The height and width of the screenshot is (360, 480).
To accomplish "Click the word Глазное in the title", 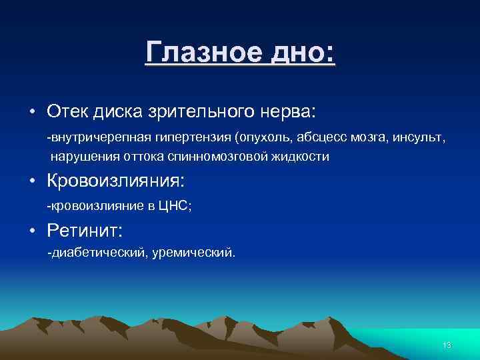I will tap(194, 51).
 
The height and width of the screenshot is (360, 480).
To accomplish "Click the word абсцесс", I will tap(312, 137).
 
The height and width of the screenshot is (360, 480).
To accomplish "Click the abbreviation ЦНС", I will tap(173, 207).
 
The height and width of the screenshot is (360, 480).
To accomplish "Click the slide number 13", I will tap(447, 345).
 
